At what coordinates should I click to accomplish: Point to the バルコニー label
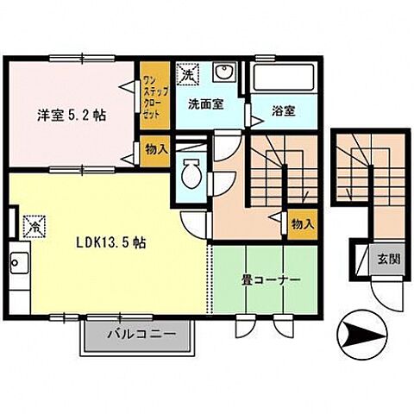pyautogui.click(x=141, y=334)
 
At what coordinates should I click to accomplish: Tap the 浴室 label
pyautogui.click(x=283, y=111)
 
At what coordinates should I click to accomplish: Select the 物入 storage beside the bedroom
pyautogui.click(x=156, y=149)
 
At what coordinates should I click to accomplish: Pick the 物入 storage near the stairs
pyautogui.click(x=303, y=223)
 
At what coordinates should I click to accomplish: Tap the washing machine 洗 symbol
pyautogui.click(x=187, y=74)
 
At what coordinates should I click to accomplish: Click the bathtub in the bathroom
pyautogui.click(x=285, y=78)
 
